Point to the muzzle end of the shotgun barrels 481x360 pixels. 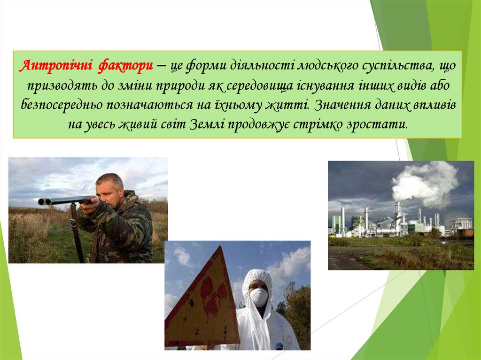coord(41,201)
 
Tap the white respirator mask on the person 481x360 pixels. coord(258,297)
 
